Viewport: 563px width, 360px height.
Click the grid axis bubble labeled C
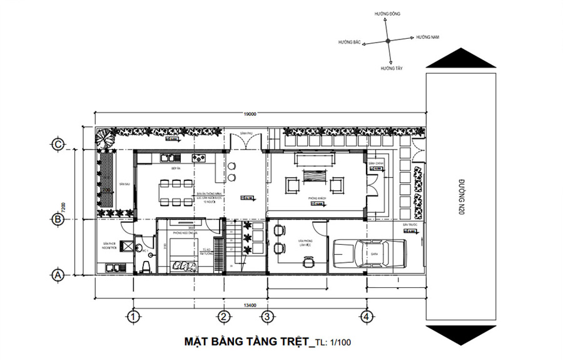58,145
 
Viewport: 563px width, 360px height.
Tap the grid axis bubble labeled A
58,275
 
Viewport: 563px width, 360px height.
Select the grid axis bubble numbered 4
367,316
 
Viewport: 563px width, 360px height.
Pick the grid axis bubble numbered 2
222,316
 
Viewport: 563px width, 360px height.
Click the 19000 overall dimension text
250,115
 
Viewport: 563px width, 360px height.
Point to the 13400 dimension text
250,306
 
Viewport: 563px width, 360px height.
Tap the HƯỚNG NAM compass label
429,38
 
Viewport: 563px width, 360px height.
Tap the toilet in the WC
146,267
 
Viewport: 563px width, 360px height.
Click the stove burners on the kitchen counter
200,157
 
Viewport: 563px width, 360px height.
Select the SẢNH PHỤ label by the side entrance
245,134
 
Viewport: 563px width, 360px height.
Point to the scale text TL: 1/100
335,343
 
